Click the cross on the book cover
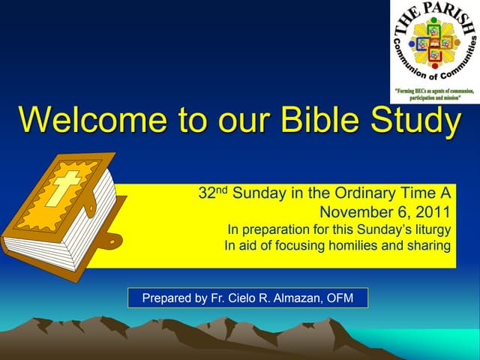63,187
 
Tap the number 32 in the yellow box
206,193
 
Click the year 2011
436,211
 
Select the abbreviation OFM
350,298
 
